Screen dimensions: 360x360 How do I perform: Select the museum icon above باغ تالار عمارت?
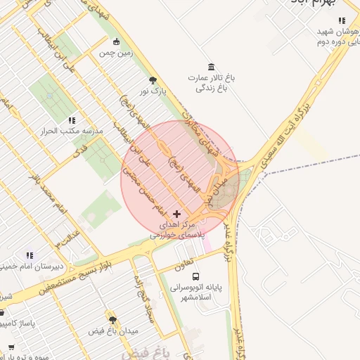pos(209,65)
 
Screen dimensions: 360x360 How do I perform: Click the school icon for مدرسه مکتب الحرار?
pos(72,120)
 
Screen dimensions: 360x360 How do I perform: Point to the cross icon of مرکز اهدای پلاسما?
pos(176,213)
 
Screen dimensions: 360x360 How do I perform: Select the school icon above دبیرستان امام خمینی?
pos(30,255)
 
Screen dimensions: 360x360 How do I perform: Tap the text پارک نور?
pos(153,91)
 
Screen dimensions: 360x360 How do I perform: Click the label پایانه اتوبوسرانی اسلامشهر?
pos(201,292)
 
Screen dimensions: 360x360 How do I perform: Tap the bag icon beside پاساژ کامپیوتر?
pos(2,311)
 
